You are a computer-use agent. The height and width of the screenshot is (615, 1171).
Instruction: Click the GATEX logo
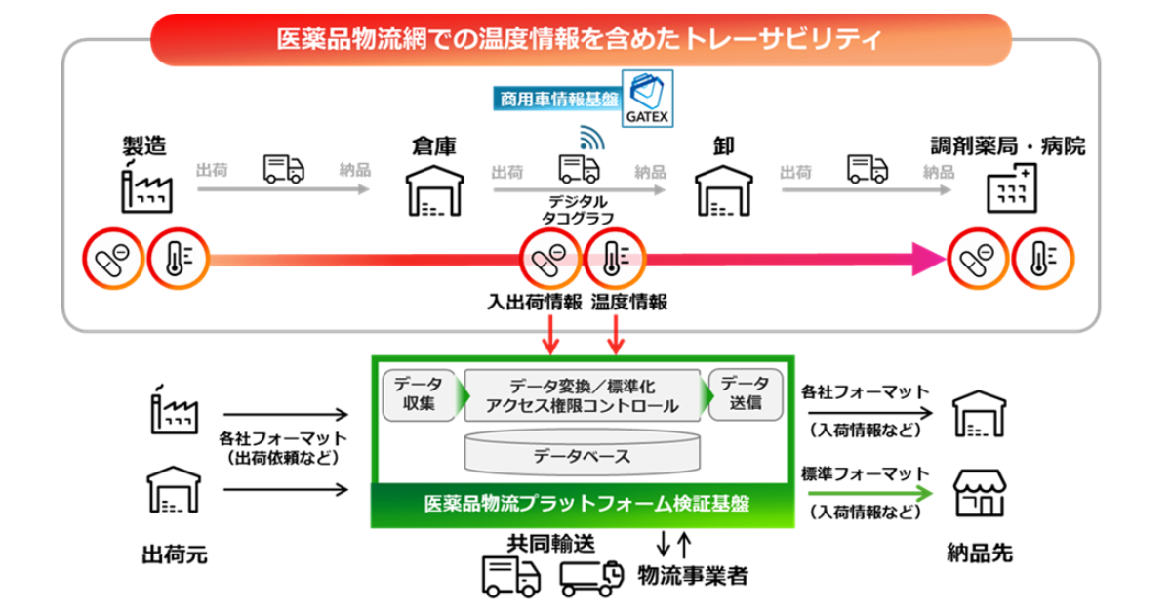click(x=647, y=98)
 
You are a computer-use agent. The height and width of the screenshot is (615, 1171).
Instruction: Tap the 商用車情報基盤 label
click(x=558, y=99)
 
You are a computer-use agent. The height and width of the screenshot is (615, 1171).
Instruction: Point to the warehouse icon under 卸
click(x=723, y=189)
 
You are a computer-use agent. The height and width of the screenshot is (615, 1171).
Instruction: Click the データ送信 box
click(x=745, y=394)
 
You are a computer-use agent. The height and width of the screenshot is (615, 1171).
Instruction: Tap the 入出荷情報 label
click(x=535, y=303)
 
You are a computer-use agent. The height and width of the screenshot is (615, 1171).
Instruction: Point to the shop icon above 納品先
click(x=979, y=494)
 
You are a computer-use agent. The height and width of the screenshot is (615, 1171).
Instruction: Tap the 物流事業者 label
click(x=692, y=576)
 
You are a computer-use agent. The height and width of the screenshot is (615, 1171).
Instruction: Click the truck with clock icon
click(x=591, y=577)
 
